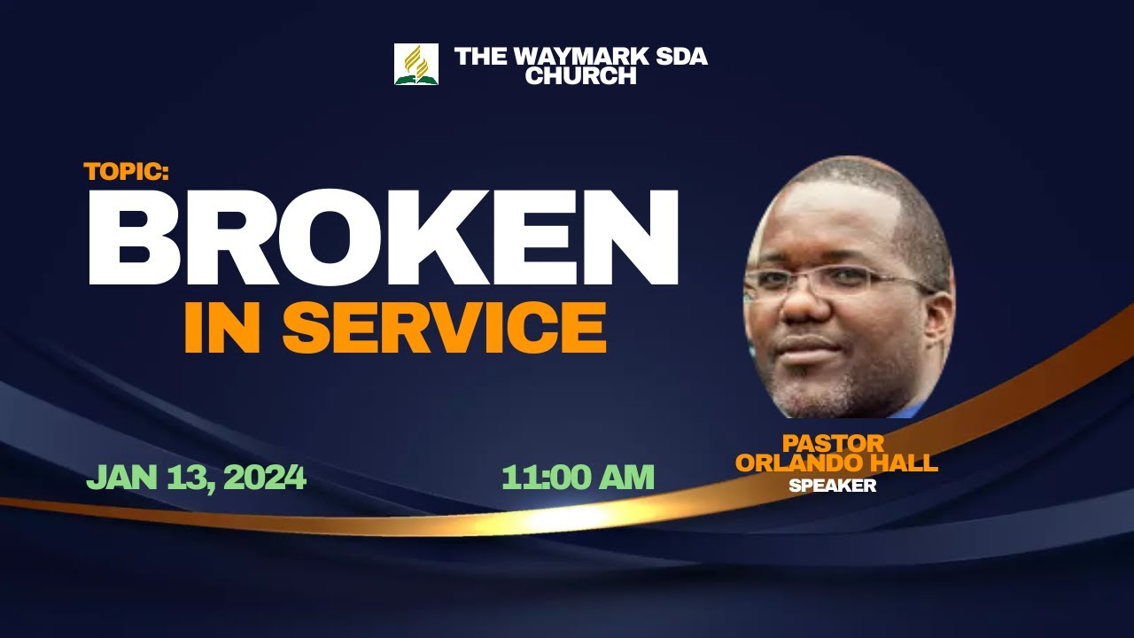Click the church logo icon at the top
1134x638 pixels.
(416, 64)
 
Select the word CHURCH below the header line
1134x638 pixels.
(580, 76)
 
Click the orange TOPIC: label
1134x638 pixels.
(126, 172)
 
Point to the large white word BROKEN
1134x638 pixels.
(383, 238)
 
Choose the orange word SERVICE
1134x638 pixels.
(444, 329)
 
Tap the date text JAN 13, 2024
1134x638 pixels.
(196, 478)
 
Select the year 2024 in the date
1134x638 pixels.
(265, 478)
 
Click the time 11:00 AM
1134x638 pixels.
(578, 478)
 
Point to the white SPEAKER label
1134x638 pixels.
(832, 486)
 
